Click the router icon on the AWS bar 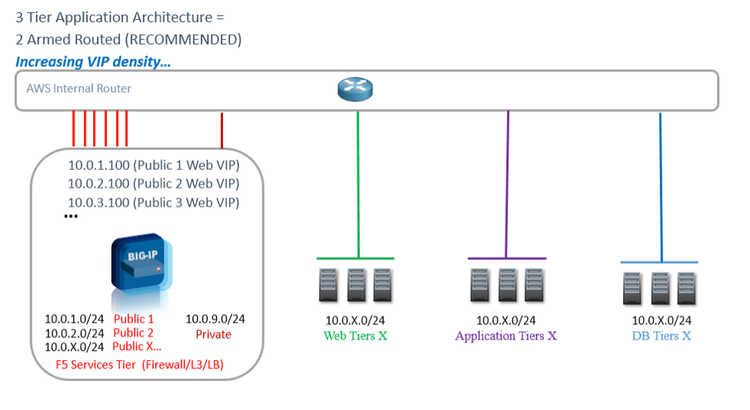tap(356, 90)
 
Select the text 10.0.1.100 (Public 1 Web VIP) tap(153, 164)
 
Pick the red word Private tap(213, 334)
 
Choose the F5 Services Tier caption tap(145, 366)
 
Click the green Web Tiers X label tap(355, 335)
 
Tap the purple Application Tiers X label tap(506, 336)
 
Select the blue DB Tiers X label tap(661, 336)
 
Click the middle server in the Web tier tap(357, 286)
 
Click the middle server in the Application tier tap(507, 286)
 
